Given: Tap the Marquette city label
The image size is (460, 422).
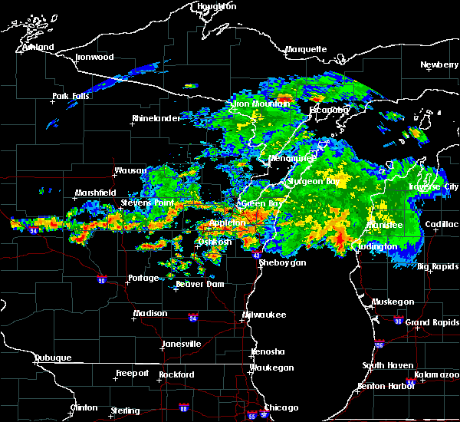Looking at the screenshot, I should [306, 50].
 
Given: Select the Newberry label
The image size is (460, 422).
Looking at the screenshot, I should [439, 65].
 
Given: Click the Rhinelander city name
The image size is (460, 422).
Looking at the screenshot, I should [156, 119].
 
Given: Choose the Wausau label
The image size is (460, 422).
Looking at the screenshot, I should [130, 170].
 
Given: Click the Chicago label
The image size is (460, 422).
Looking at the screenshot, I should [281, 407].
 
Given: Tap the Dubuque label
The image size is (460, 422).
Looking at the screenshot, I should [52, 358].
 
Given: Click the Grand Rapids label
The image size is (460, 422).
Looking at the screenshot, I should [432, 322].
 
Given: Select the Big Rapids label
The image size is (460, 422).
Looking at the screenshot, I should [439, 267].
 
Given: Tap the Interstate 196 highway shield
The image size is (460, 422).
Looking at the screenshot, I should [379, 344].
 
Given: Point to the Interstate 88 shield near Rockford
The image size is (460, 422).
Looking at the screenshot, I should [182, 407].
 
